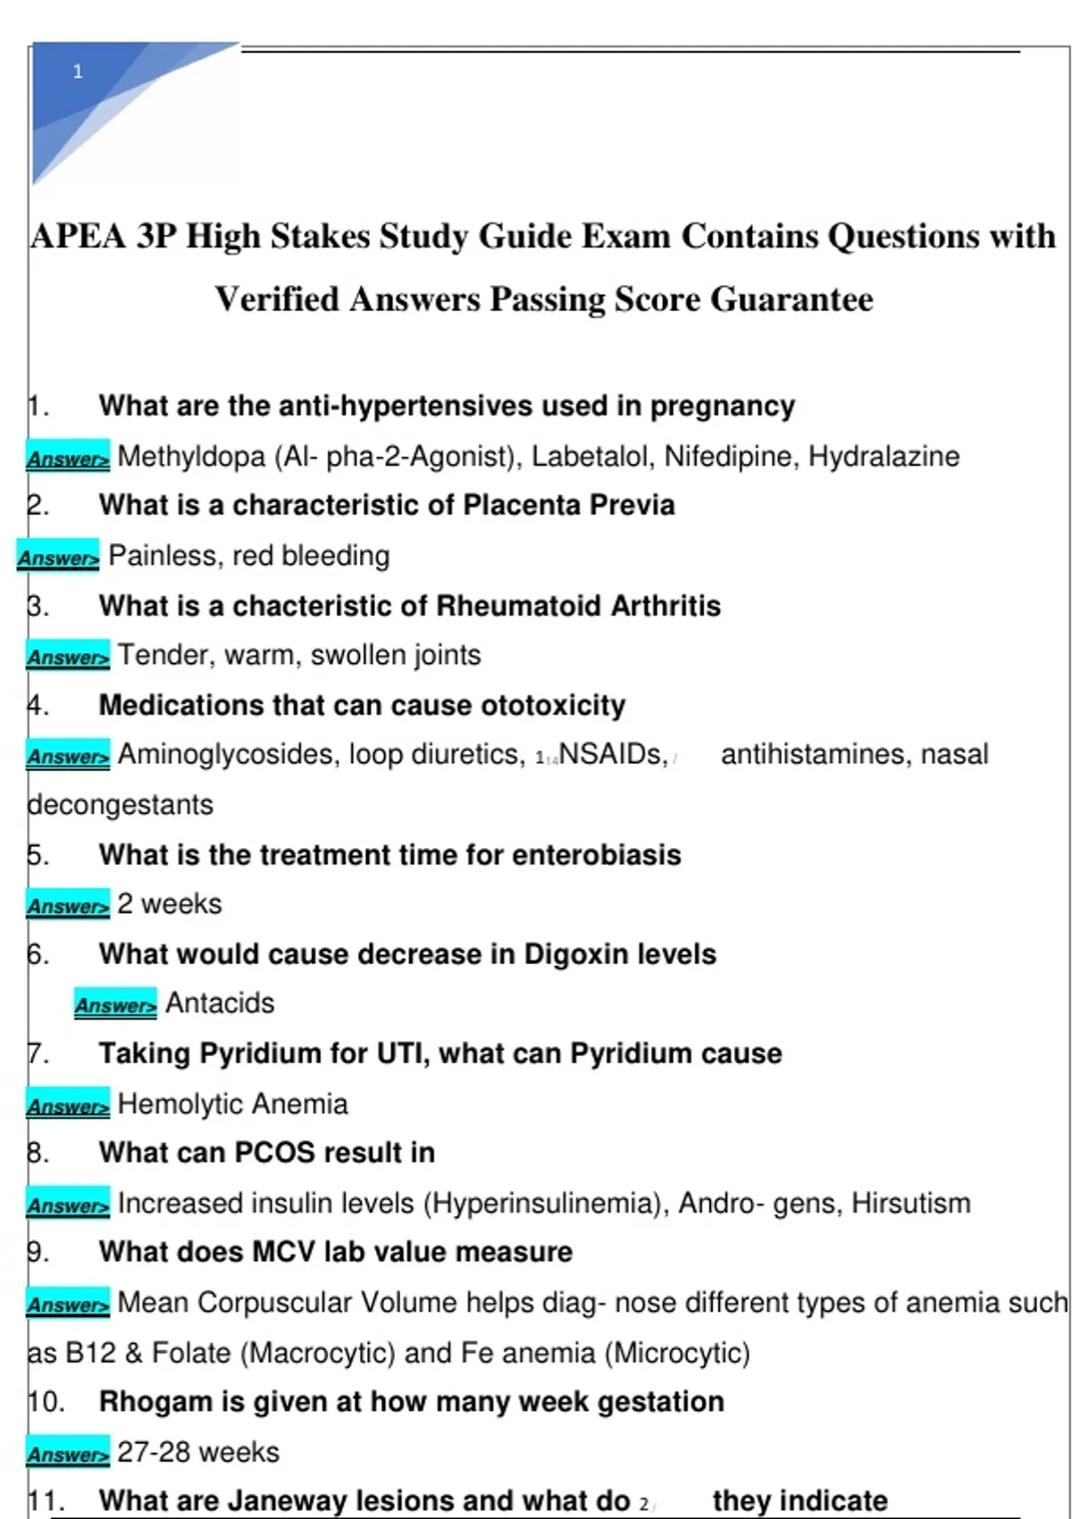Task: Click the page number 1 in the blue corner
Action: pyautogui.click(x=78, y=71)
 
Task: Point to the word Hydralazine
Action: pyautogui.click(x=884, y=457)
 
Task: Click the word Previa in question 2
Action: pyautogui.click(x=632, y=505)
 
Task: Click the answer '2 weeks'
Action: pyautogui.click(x=170, y=904)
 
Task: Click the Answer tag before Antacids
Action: pyautogui.click(x=115, y=1004)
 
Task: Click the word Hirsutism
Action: pyautogui.click(x=910, y=1204)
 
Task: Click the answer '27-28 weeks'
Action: pyautogui.click(x=197, y=1452)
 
